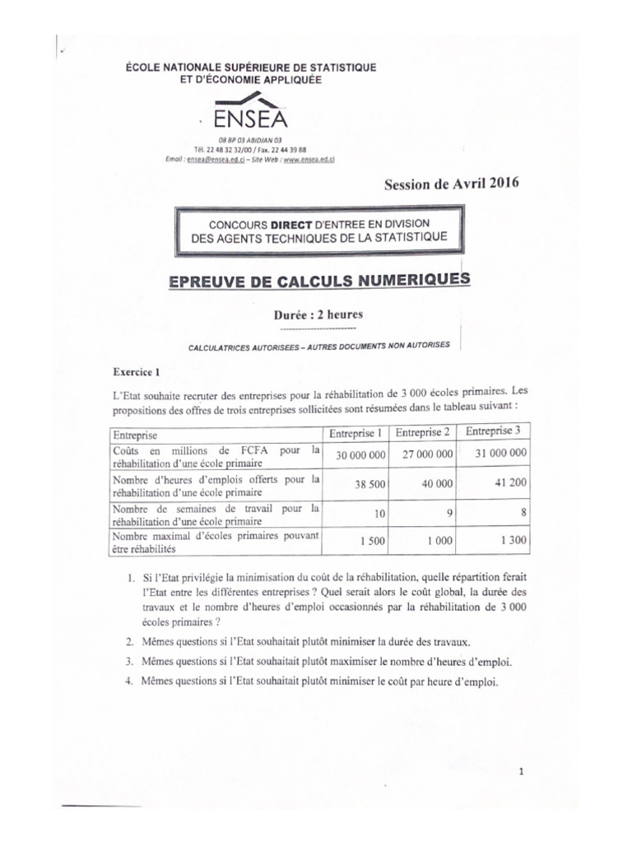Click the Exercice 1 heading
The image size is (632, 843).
(x=140, y=371)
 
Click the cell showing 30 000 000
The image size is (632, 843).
(x=355, y=454)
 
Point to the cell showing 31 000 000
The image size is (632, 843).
(x=495, y=453)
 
